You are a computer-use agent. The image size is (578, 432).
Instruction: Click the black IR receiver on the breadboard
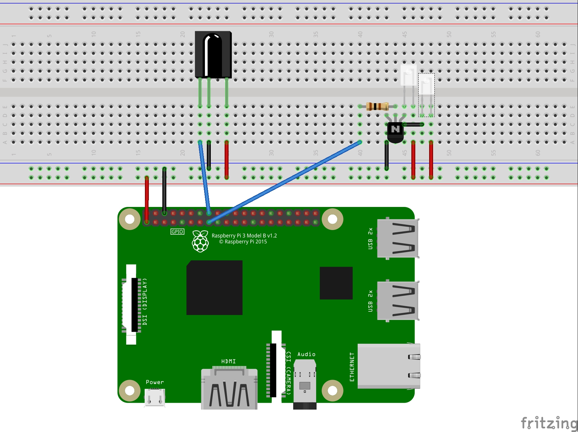coord(213,54)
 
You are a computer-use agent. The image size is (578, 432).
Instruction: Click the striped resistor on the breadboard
coord(377,106)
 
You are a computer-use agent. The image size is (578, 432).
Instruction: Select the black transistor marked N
coord(395,131)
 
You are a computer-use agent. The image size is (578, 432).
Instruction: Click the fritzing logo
coord(549,423)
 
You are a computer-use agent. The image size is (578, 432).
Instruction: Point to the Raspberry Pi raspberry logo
coord(200,241)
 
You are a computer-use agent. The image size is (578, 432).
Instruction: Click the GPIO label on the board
coord(177,232)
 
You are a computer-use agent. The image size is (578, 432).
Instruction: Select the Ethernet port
coord(389,366)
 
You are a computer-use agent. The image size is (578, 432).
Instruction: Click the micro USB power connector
coord(155,397)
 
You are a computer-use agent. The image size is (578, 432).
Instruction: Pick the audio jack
coord(305,384)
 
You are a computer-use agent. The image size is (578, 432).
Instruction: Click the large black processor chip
coord(214,287)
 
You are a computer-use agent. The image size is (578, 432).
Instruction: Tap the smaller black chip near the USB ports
coord(336,283)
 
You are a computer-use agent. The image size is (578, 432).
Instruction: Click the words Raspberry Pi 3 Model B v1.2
coord(244,236)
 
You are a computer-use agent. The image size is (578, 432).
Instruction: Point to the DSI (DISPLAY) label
coord(145,302)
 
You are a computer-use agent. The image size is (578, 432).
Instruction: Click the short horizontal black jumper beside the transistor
coord(413,125)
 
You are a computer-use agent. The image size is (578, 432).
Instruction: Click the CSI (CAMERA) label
coord(289,373)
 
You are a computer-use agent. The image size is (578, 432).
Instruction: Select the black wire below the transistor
coord(387,156)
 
